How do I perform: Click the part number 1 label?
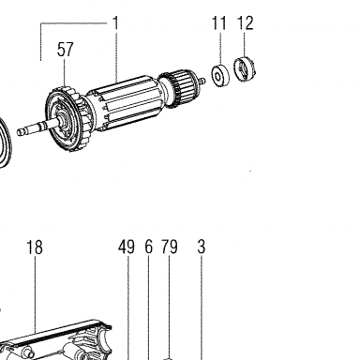(115, 23)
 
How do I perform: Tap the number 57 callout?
(65, 50)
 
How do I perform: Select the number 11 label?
(218, 22)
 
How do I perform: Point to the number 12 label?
(245, 22)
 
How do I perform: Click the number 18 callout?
(35, 247)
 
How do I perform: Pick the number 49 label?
(127, 247)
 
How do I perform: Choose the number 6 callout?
(149, 247)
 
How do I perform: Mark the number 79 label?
(170, 247)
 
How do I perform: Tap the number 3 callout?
(202, 247)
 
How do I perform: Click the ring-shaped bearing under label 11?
(220, 76)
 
